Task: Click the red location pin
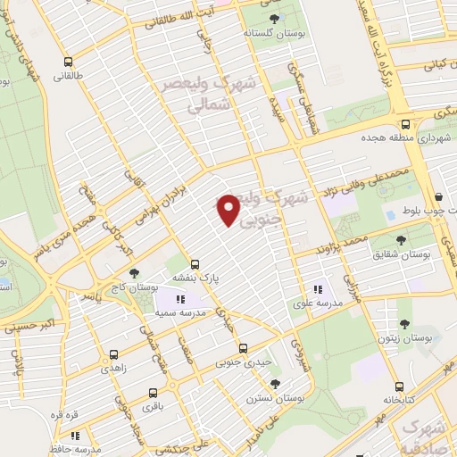[x=229, y=210]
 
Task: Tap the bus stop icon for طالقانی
[x=69, y=62]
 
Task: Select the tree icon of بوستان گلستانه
[x=273, y=18]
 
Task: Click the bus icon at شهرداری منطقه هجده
[x=405, y=124]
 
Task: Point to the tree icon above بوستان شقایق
[x=401, y=239]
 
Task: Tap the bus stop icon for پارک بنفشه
[x=195, y=264]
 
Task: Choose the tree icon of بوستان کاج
[x=134, y=273]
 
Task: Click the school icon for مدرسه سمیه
[x=179, y=300]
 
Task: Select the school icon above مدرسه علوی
[x=319, y=288]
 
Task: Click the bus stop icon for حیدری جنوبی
[x=243, y=349]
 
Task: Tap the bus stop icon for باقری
[x=153, y=392]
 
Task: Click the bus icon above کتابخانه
[x=401, y=387]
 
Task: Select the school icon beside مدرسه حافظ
[x=75, y=436]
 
